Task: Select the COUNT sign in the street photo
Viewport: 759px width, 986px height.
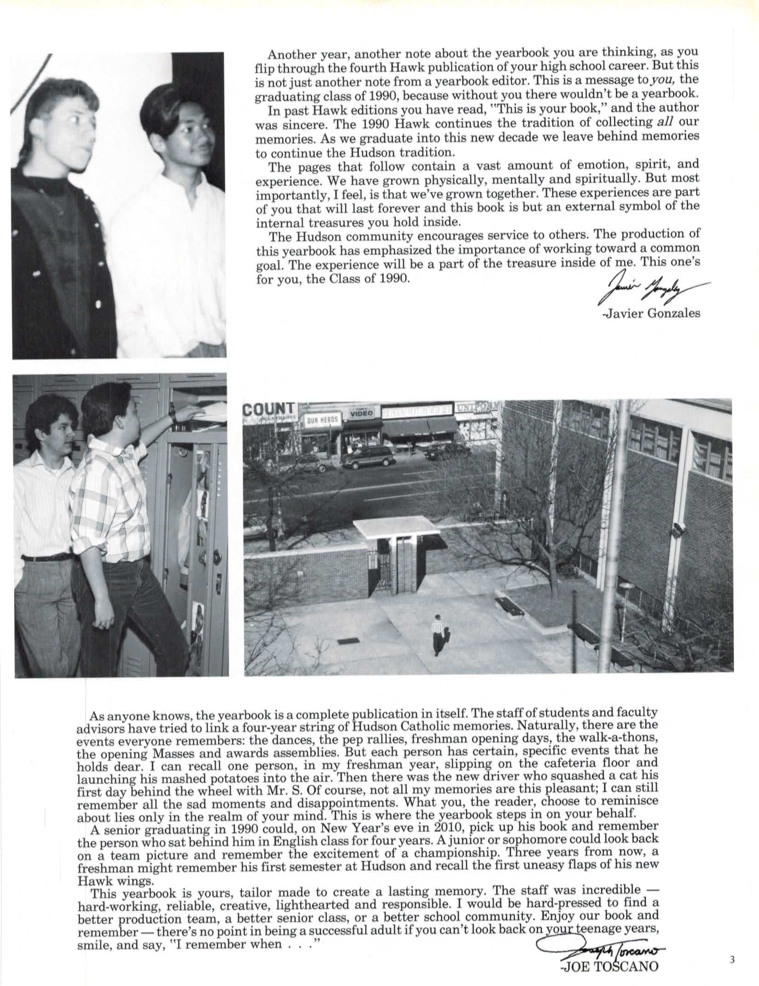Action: pos(269,409)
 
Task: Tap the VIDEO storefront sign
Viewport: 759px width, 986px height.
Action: pos(362,413)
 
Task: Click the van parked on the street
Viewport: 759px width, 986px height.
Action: pos(367,457)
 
